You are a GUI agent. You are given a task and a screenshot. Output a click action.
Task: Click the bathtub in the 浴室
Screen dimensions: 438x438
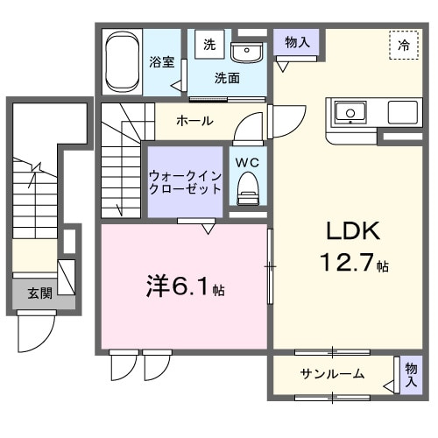pos(122,62)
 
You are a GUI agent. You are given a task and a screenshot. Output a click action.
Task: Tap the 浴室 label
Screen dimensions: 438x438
pos(161,62)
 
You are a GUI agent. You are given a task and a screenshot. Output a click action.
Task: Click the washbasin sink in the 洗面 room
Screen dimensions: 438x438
pos(250,50)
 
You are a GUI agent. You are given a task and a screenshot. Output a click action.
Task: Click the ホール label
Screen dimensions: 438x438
pos(193,120)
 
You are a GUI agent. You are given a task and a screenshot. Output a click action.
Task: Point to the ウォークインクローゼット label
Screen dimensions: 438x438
pos(185,181)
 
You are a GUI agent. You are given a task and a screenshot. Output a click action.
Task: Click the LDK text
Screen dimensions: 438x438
pos(353,231)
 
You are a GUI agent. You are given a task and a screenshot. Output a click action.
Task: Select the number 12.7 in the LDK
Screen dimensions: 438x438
pos(346,262)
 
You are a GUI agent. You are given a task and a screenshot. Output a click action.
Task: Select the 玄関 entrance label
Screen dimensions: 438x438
pos(39,293)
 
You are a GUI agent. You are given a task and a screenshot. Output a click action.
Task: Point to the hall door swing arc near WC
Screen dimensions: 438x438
pos(251,127)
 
